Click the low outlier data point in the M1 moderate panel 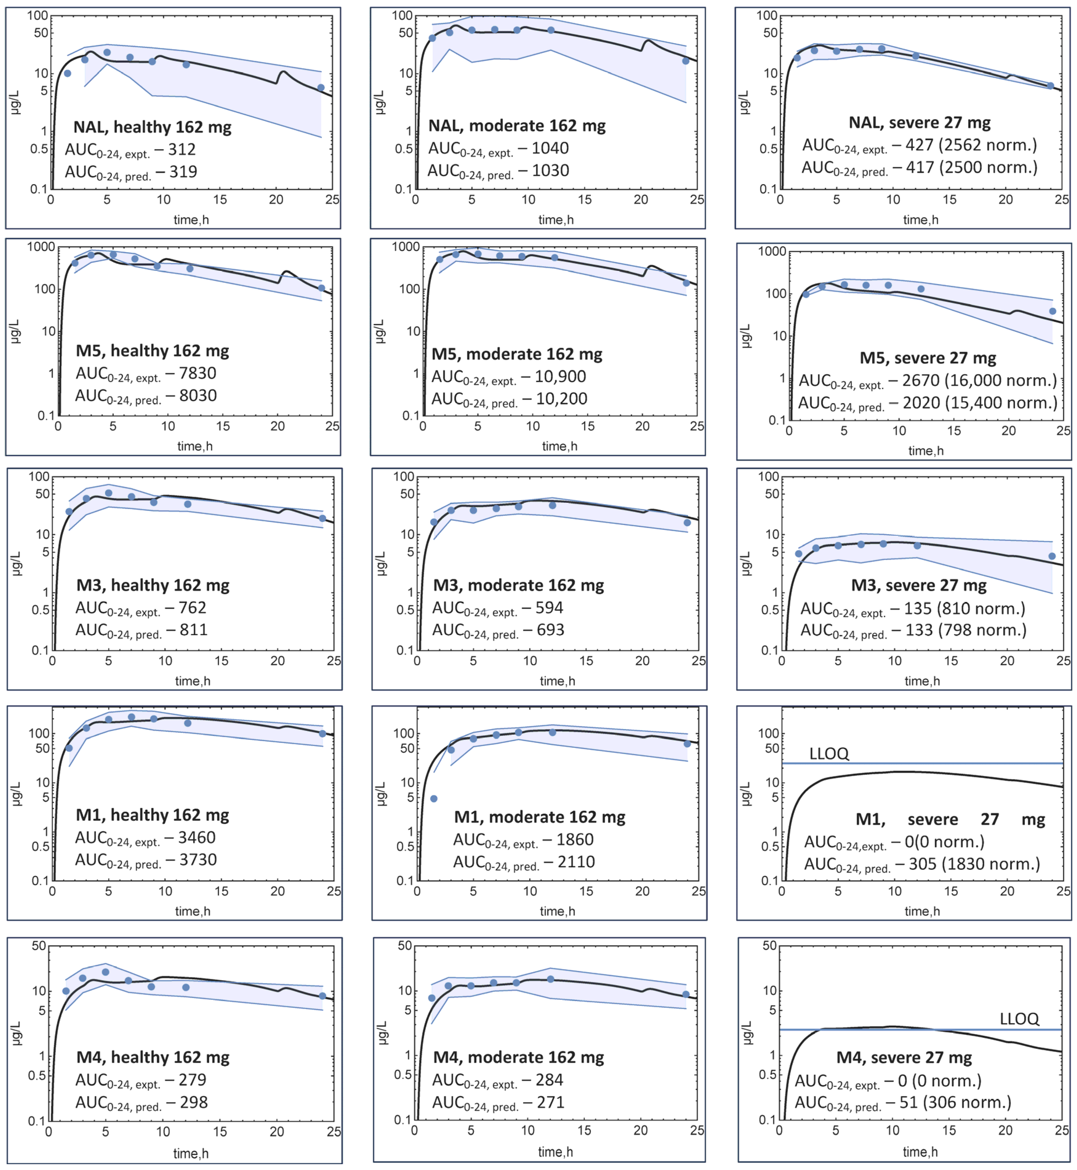pyautogui.click(x=434, y=799)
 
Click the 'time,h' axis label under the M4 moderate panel pyautogui.click(x=555, y=1152)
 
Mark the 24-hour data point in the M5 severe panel pyautogui.click(x=1052, y=311)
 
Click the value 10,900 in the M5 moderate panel pyautogui.click(x=560, y=377)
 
